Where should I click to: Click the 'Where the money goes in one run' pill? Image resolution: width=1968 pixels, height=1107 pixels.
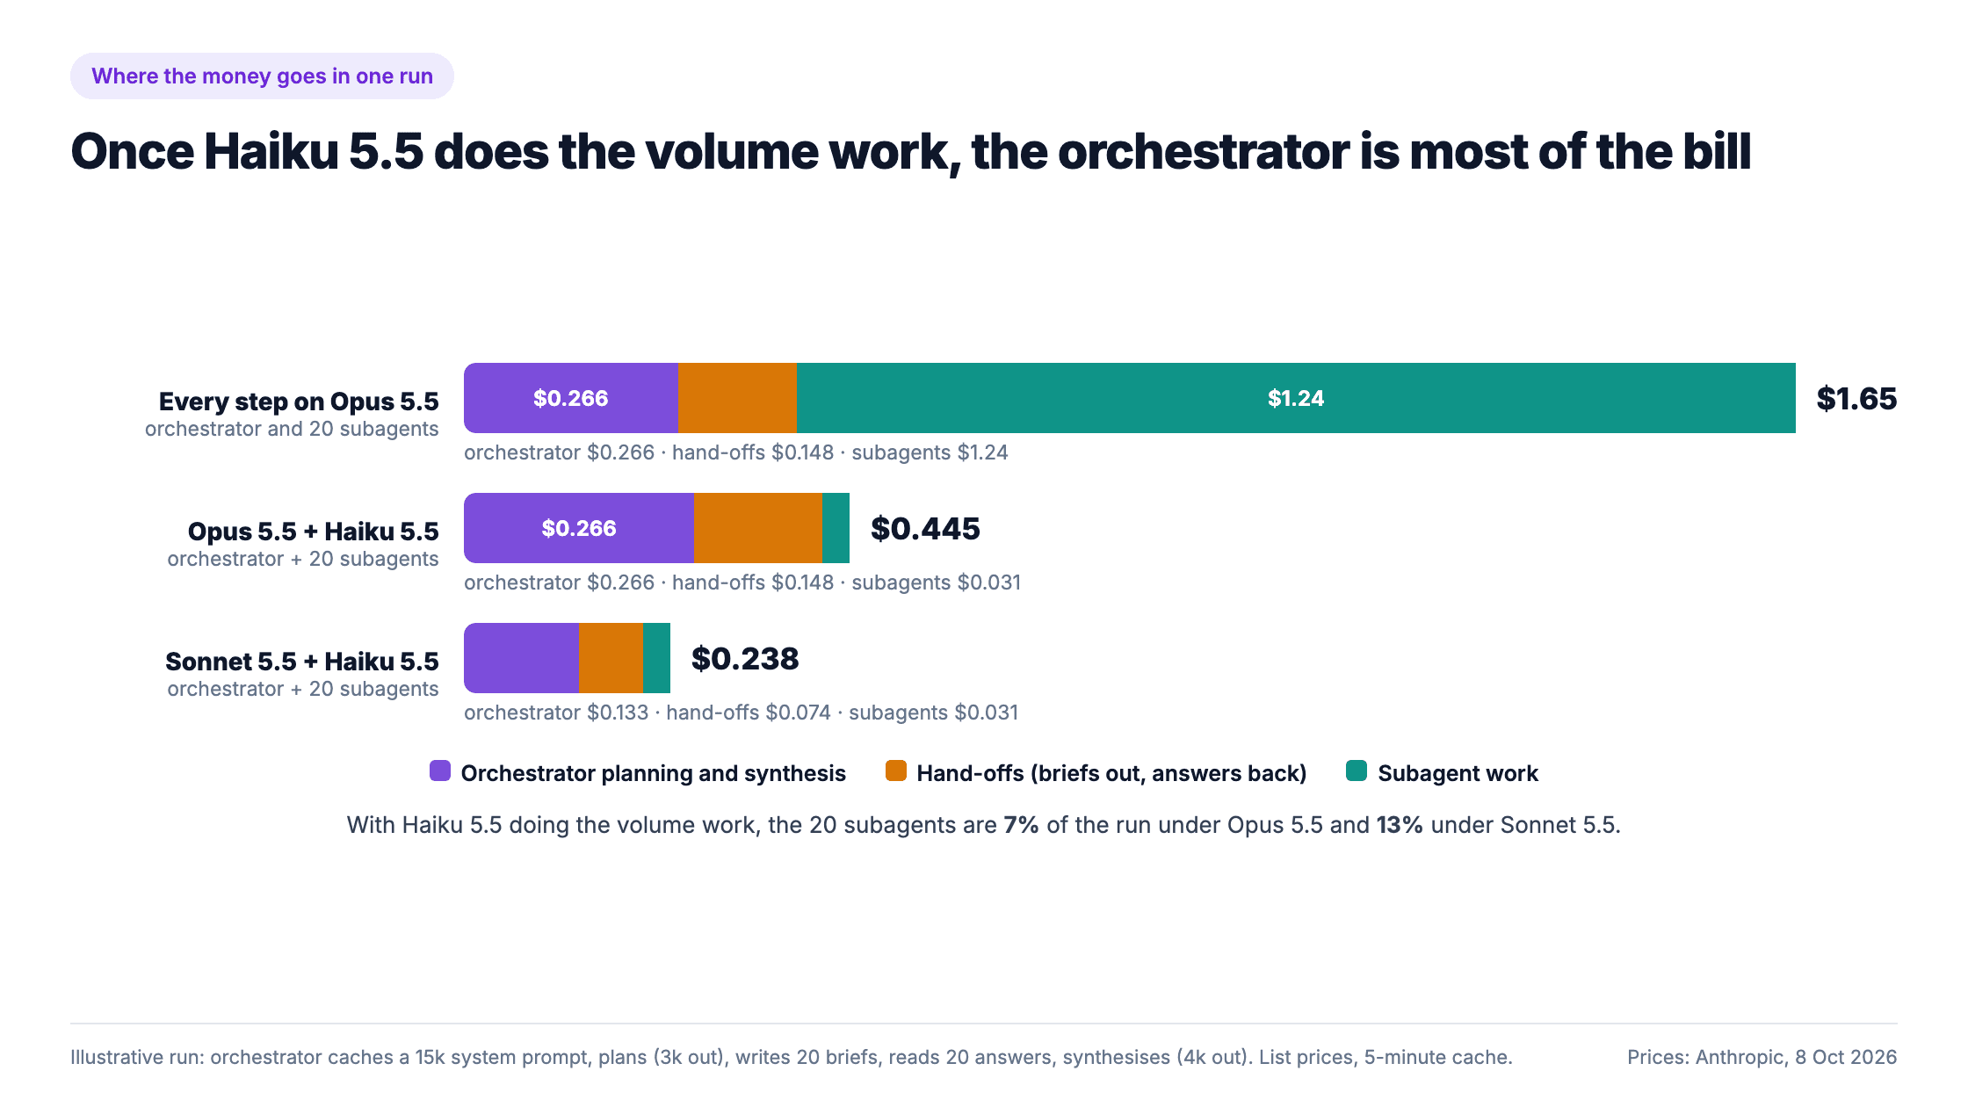point(262,76)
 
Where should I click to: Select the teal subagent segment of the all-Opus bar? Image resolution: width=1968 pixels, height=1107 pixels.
point(1296,398)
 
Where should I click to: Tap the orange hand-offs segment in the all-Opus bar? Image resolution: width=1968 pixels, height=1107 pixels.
point(737,398)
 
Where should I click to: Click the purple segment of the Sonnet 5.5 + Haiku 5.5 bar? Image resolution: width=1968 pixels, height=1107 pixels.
point(522,658)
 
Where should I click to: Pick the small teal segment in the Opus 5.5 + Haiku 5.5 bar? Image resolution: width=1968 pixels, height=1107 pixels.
point(836,528)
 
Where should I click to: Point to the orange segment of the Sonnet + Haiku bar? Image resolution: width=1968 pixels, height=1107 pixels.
point(611,658)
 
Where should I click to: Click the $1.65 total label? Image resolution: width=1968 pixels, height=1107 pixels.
point(1856,399)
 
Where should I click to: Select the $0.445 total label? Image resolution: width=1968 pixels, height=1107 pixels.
point(925,529)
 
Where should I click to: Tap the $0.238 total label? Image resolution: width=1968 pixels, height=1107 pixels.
point(745,659)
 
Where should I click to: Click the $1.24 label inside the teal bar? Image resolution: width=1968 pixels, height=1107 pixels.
point(1296,398)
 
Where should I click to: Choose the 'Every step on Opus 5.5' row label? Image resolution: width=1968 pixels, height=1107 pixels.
point(299,402)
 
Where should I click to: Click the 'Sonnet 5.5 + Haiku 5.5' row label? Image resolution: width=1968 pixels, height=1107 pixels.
point(302,662)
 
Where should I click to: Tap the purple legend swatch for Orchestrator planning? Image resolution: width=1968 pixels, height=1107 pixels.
point(440,771)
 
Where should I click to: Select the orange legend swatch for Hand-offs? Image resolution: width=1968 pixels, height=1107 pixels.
point(896,771)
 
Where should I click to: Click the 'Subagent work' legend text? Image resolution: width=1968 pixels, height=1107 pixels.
point(1458,773)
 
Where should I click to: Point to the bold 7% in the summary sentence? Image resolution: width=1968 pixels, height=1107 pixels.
point(1022,825)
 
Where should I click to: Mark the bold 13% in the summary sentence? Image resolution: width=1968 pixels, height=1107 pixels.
point(1400,825)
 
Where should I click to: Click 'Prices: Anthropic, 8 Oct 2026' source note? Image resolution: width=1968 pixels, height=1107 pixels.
point(1762,1057)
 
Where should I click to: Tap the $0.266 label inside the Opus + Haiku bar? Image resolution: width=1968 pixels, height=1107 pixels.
point(579,528)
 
